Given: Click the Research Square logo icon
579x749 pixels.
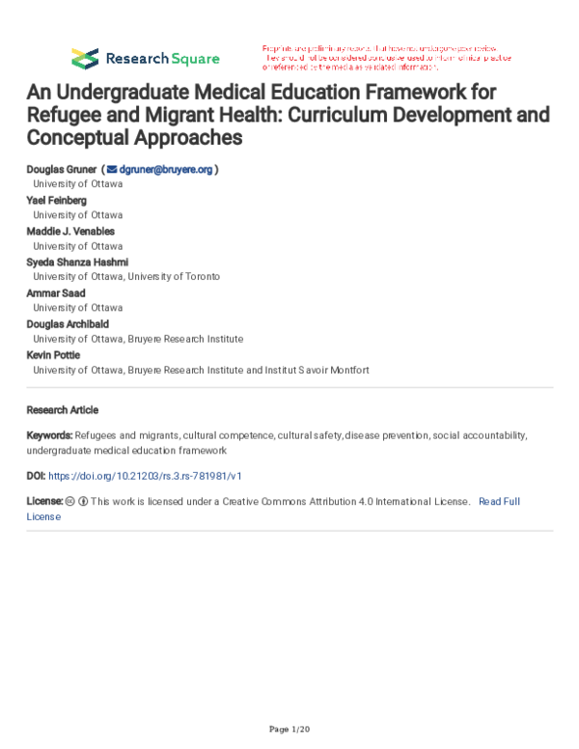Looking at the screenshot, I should click(x=85, y=57).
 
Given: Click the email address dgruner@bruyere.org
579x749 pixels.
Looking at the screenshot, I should click(x=165, y=169).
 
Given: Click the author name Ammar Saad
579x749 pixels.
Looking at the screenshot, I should click(x=56, y=292).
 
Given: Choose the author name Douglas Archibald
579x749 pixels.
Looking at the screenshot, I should click(x=69, y=323).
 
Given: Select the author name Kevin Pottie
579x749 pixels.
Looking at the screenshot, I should click(x=54, y=354).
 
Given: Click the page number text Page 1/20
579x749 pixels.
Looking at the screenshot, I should click(x=289, y=726).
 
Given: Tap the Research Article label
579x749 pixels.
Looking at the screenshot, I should click(x=63, y=410).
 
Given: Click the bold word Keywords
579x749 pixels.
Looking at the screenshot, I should click(x=49, y=435).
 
